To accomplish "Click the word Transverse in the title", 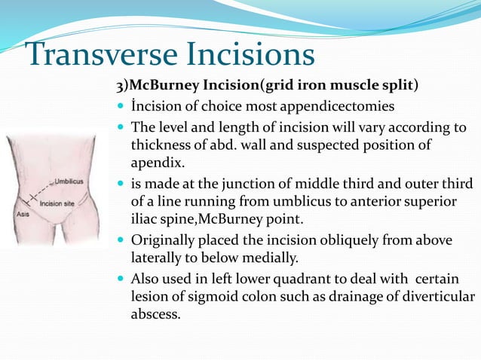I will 93,55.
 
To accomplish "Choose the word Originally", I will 164,241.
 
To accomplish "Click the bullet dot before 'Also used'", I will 122,279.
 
